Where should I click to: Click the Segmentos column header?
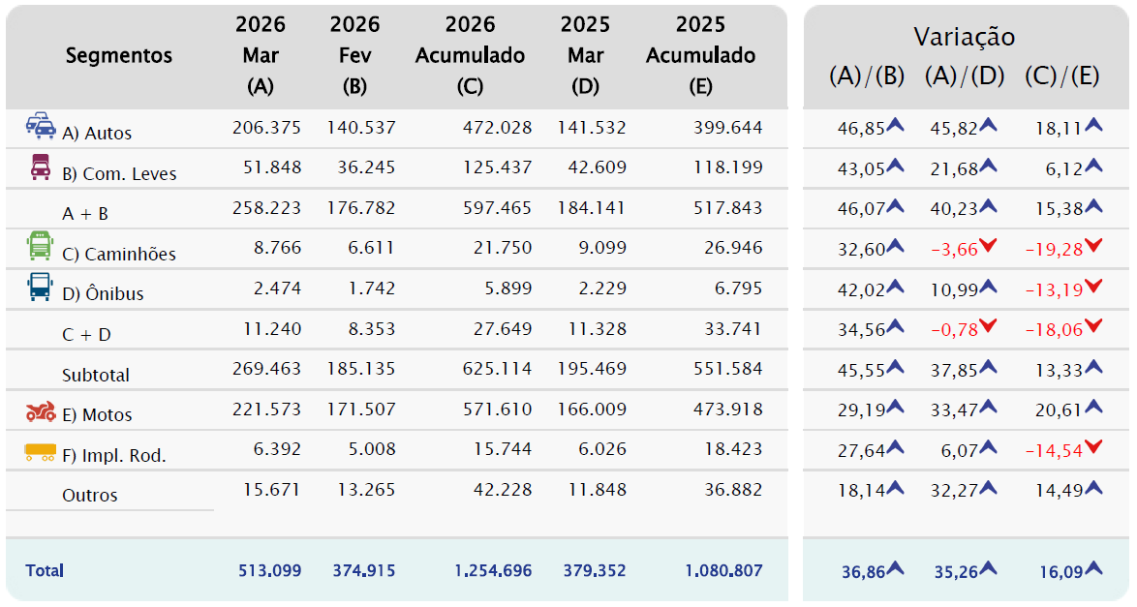tap(118, 55)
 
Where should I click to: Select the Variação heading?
tap(964, 37)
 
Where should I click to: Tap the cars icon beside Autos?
tap(41, 126)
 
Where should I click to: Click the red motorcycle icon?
tap(41, 412)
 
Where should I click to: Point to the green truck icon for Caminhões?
tap(40, 248)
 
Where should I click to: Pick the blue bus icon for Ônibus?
tap(40, 288)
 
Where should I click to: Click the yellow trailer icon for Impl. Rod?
tap(40, 451)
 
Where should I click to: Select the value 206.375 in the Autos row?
tap(266, 128)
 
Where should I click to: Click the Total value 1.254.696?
tap(493, 570)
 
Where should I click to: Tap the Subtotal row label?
tap(96, 375)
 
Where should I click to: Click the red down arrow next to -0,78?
tap(988, 327)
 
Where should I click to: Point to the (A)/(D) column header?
tap(964, 76)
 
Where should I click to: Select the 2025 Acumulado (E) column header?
tap(700, 55)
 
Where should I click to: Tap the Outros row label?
tap(90, 495)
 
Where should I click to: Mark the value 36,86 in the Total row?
tap(861, 572)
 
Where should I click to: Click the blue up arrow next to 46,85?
tap(896, 124)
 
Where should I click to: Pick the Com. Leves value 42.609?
tap(592, 167)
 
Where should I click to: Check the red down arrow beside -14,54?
tap(1092, 446)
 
